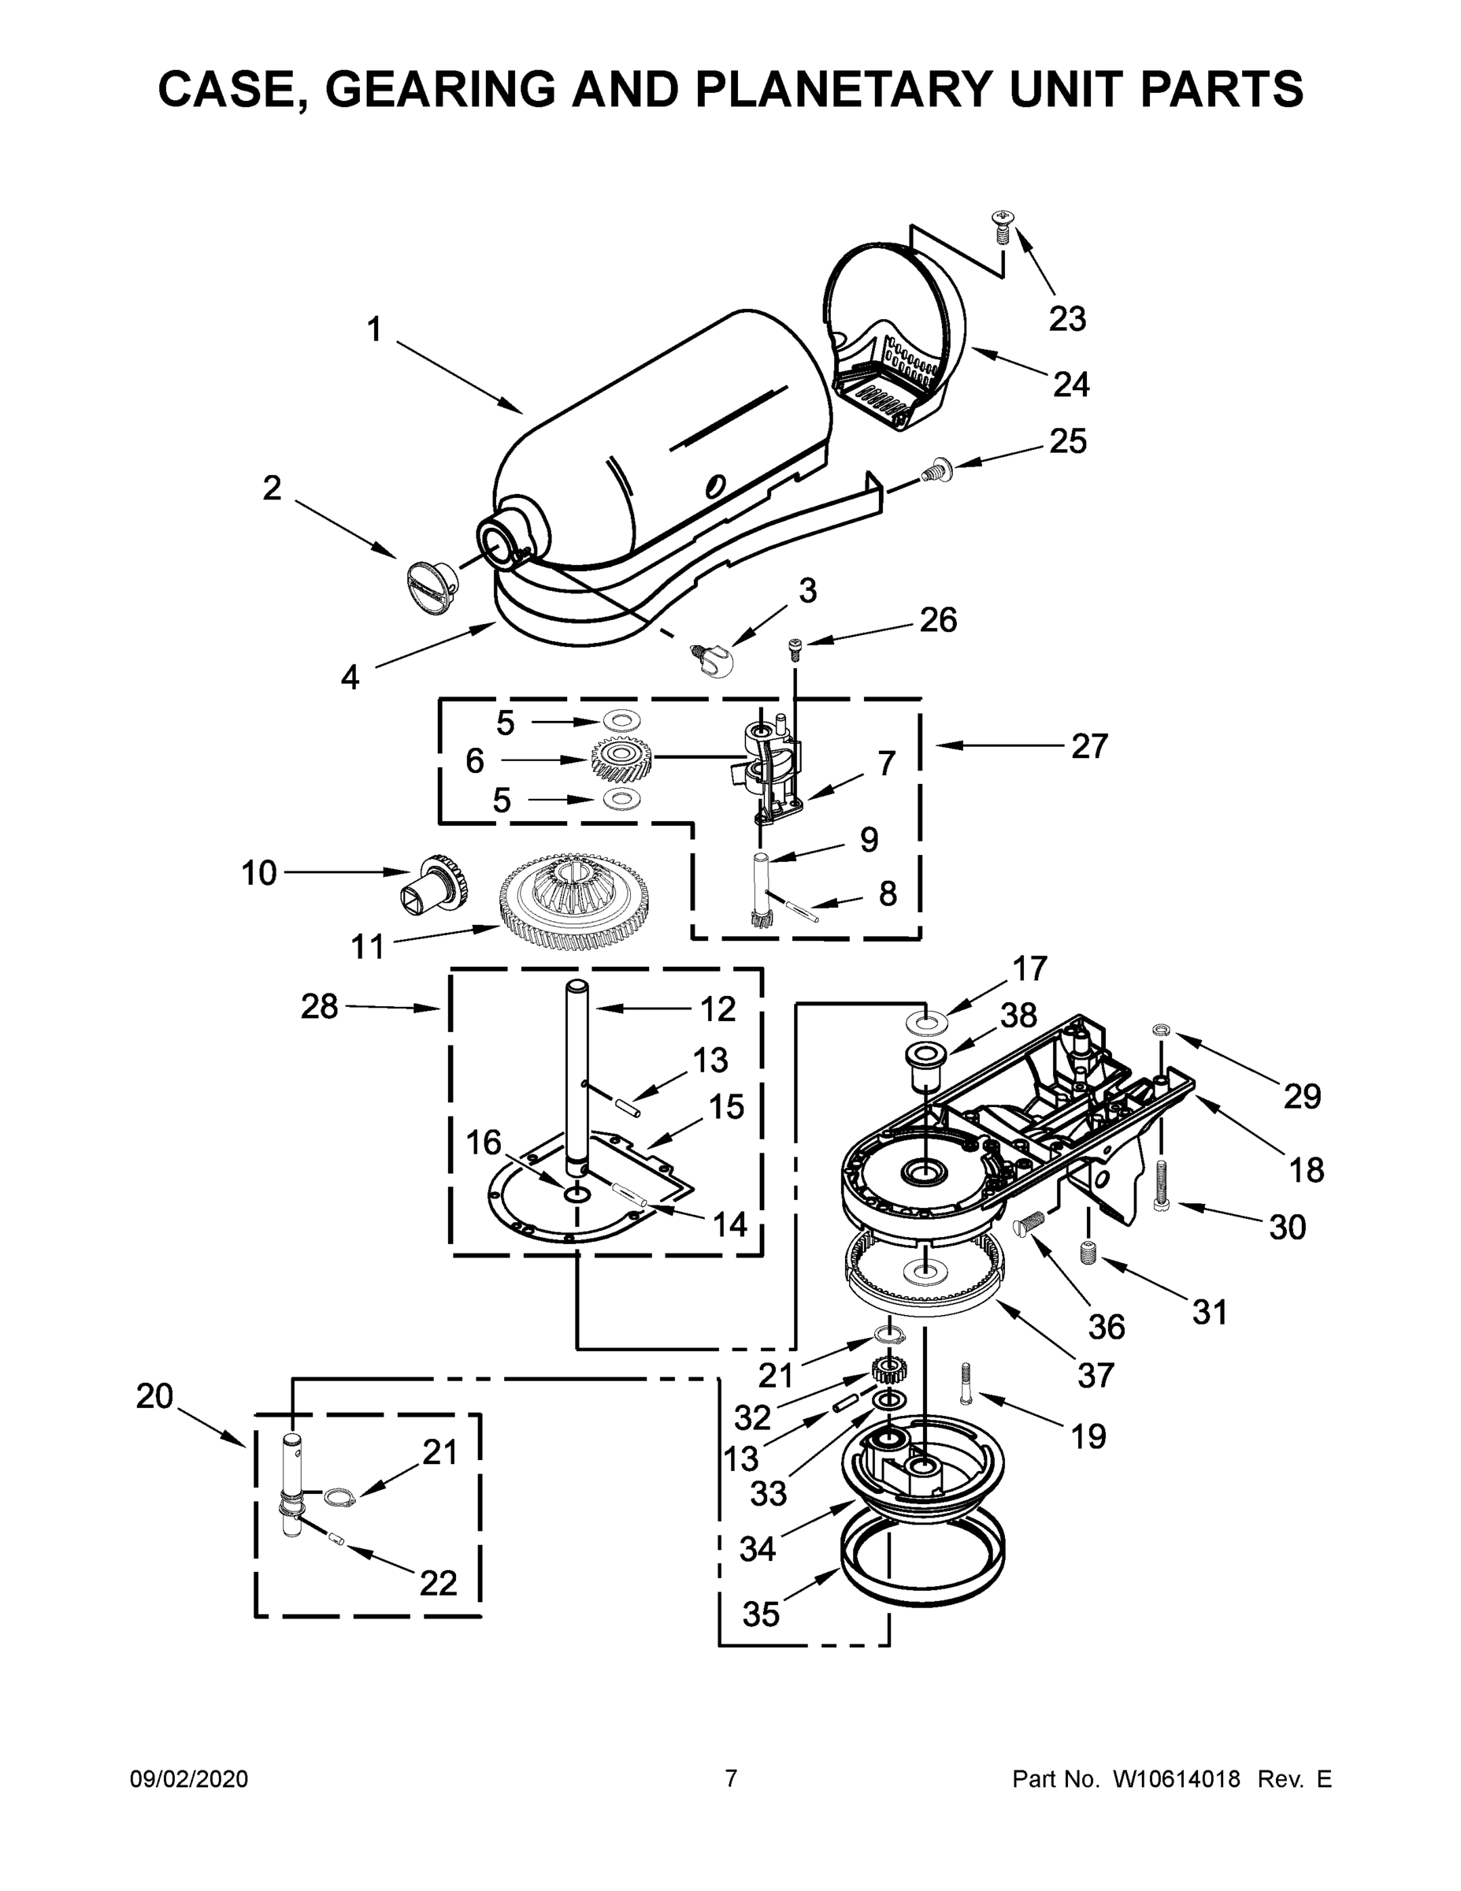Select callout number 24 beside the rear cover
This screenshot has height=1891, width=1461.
pos(1070,384)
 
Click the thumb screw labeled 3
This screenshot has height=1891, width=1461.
pos(712,662)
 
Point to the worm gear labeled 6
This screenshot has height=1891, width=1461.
pos(620,760)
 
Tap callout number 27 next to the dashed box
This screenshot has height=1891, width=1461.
pos(1088,745)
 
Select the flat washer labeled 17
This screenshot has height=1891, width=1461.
pos(925,1024)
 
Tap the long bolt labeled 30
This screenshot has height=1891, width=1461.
pos(1162,1186)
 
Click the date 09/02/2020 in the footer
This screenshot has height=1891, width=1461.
pos(189,1778)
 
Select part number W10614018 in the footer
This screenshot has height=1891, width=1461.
pos(1176,1779)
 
